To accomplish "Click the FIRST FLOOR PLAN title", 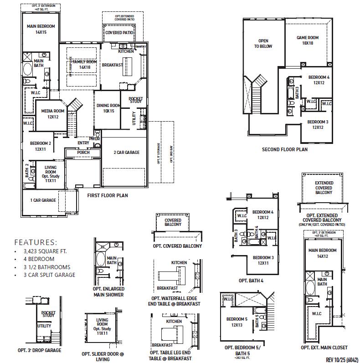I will [x=108, y=195].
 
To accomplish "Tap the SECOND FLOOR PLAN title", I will [x=284, y=149].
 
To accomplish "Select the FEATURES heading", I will [x=36, y=242].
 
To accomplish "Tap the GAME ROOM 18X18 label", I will [x=308, y=41].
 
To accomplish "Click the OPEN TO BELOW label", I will [x=263, y=43].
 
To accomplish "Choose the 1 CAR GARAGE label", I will [x=43, y=200].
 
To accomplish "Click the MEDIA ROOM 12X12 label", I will [x=53, y=114].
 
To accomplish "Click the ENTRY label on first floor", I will [x=83, y=143].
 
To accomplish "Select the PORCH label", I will [x=83, y=153].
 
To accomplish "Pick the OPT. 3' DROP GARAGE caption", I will [x=39, y=350].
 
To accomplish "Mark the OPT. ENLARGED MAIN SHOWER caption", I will [x=108, y=291].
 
